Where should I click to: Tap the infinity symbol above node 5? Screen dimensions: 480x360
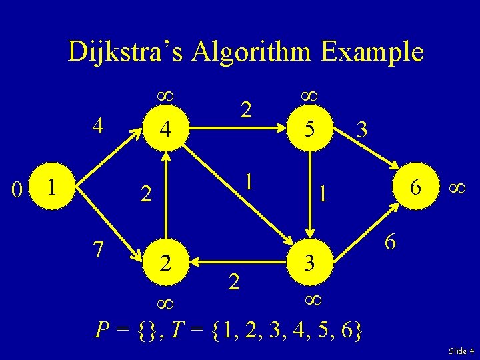309,95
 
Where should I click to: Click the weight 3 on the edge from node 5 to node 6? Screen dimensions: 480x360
361,129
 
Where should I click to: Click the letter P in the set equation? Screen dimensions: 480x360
102,330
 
